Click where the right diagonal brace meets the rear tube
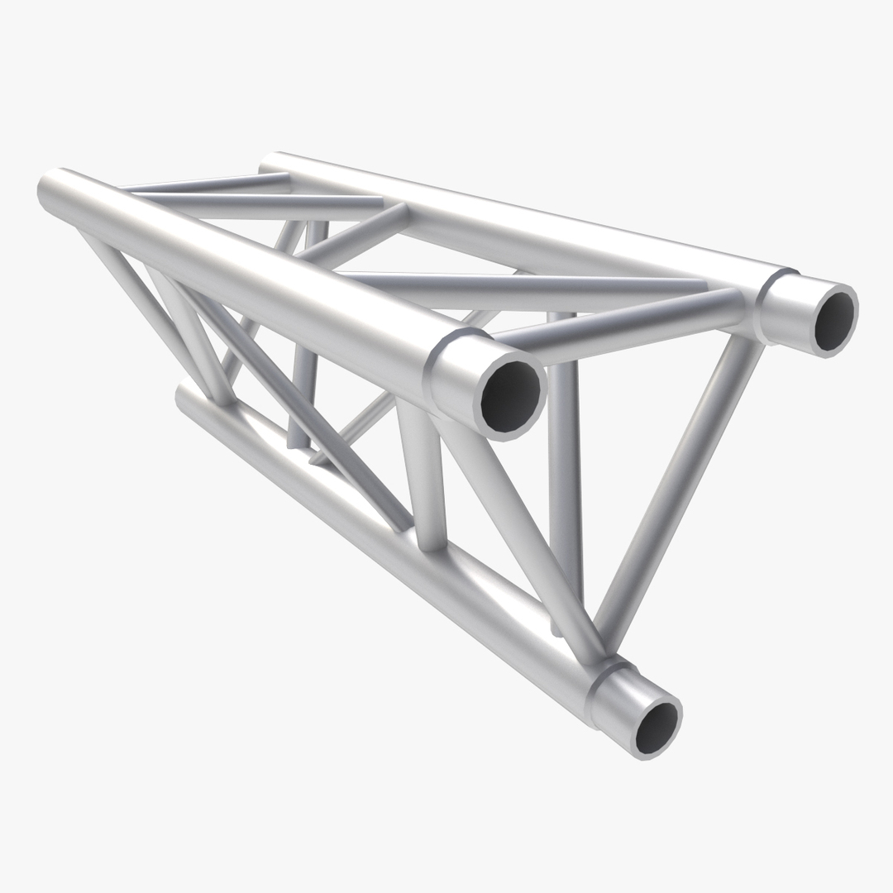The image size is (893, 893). (x=744, y=339)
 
